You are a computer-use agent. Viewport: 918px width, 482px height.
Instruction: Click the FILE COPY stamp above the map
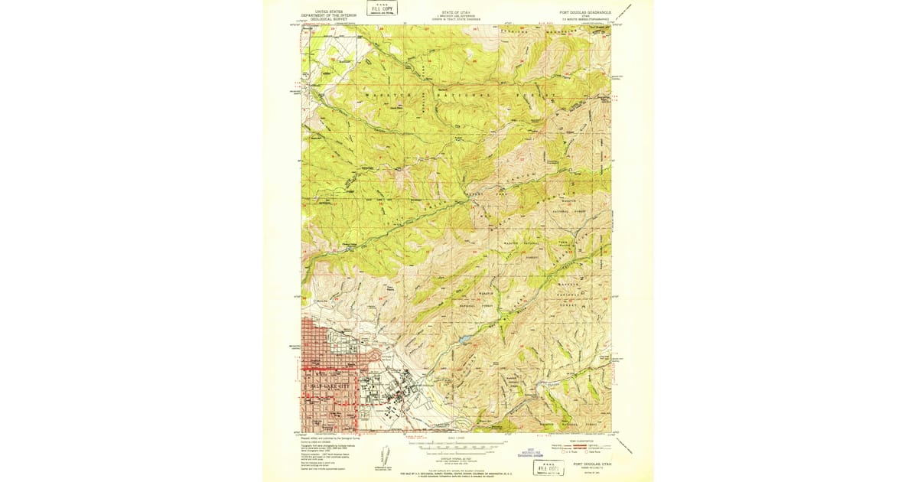382,9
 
